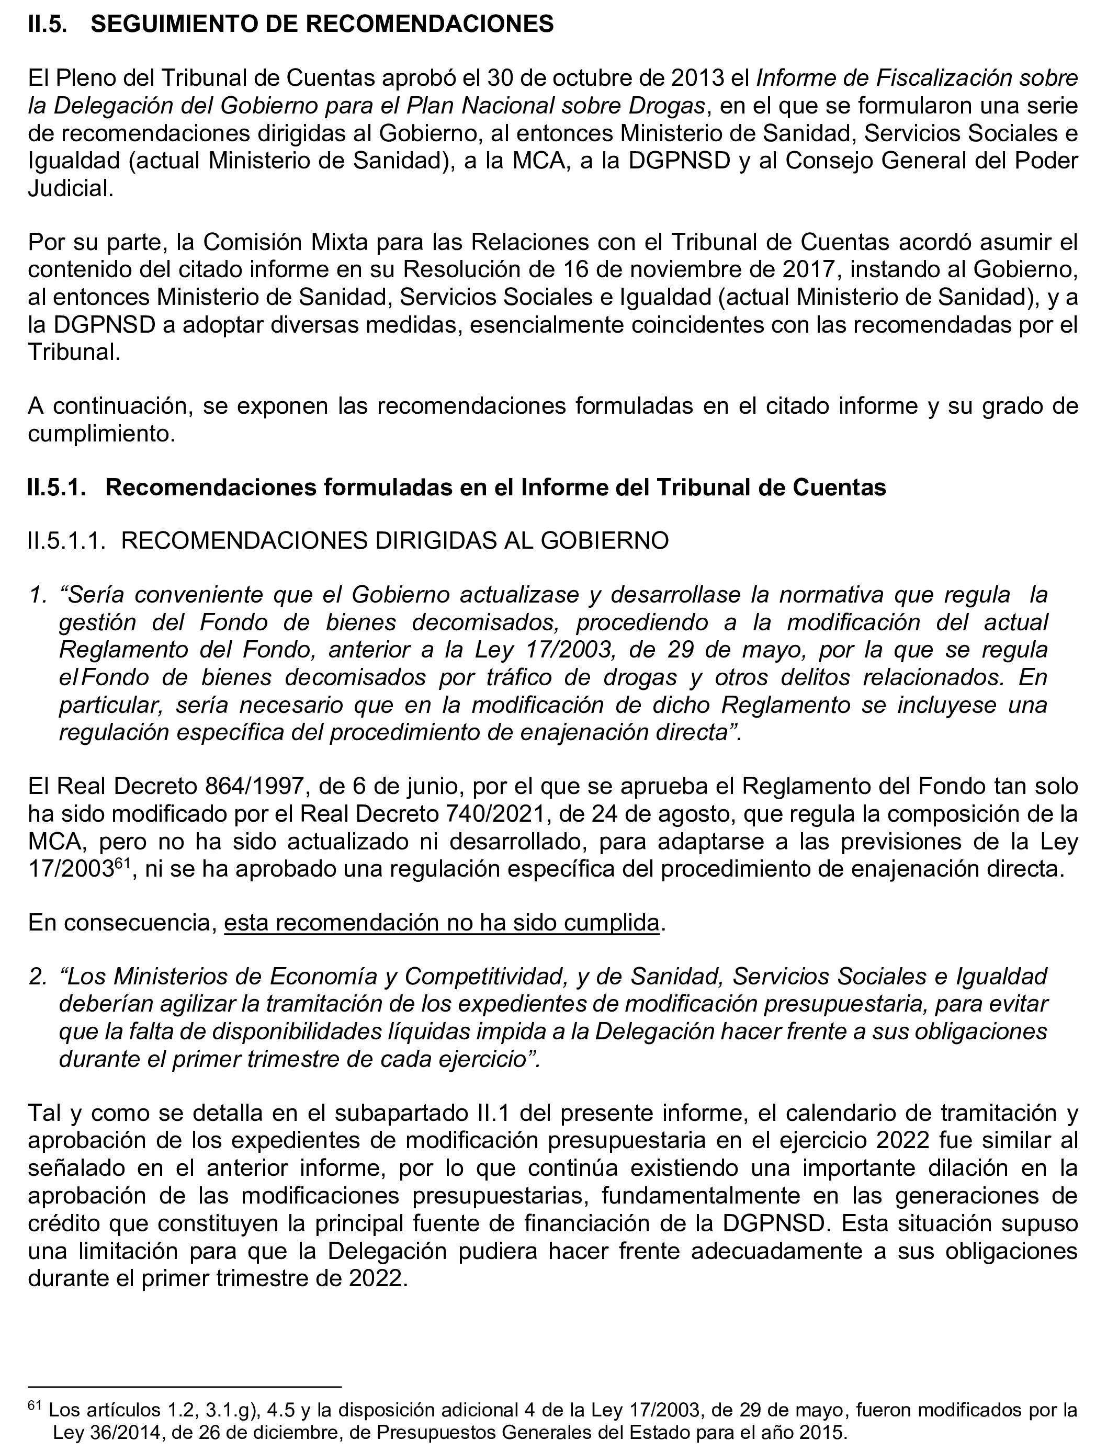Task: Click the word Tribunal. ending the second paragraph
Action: pos(74,353)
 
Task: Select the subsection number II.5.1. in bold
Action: pos(57,487)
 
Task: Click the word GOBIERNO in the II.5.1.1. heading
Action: pos(605,541)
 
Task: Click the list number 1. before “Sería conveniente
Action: pos(38,595)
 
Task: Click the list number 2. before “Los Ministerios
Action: pos(38,977)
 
